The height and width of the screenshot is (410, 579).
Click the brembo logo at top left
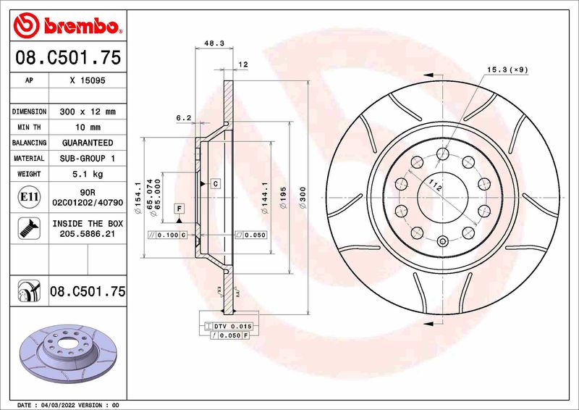(65, 26)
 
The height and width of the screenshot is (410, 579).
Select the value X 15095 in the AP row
(88, 80)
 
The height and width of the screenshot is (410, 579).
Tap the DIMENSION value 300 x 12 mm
(88, 112)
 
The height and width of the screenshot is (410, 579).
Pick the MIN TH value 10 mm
(88, 127)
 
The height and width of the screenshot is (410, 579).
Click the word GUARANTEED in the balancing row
(88, 143)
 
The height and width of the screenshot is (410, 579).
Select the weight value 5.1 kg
(88, 174)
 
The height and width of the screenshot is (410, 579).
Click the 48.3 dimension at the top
(214, 43)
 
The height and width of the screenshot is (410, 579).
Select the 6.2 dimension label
(183, 117)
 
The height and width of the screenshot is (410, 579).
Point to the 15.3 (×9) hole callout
(506, 69)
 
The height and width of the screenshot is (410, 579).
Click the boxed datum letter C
(215, 184)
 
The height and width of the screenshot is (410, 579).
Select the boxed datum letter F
(177, 209)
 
